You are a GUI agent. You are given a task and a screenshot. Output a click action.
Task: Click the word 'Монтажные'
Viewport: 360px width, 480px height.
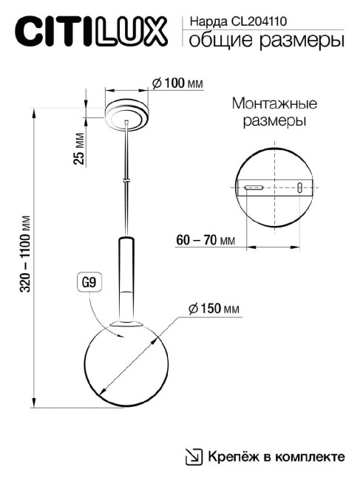[x=274, y=103]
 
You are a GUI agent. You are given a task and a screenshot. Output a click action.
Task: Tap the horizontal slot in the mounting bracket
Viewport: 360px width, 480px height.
[x=255, y=188]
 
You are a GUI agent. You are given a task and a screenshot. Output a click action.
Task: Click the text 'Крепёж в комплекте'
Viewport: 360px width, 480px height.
[x=276, y=457]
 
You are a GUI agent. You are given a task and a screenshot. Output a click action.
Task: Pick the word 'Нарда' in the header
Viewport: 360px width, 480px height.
[x=206, y=22]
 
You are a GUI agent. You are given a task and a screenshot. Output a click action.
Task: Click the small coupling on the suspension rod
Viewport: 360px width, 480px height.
[x=127, y=179]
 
